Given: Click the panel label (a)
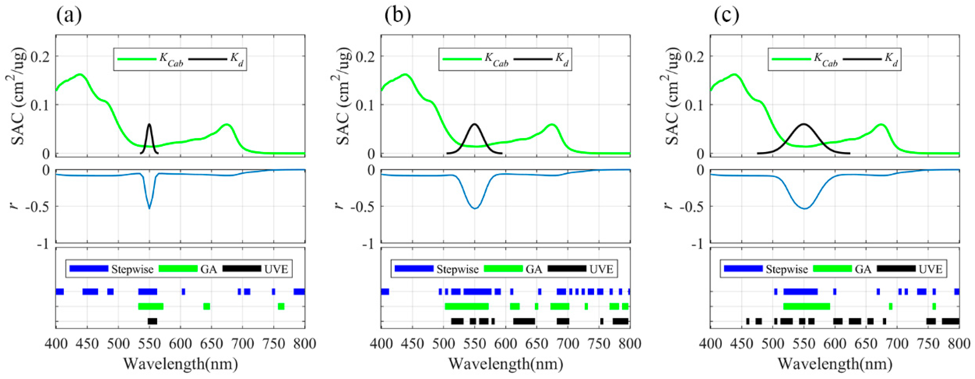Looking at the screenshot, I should pos(69,16).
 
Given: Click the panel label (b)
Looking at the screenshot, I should pos(397,16).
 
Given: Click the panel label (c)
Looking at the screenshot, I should pos(726,16).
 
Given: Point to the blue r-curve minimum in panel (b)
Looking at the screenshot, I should pos(474,208).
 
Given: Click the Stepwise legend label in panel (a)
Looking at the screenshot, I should pos(132,269).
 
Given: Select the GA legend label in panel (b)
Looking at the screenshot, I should pos(534,269).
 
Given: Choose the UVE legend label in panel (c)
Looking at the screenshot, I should pos(930,269).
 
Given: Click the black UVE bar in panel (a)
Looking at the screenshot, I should pos(152,321).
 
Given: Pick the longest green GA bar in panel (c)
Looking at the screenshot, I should pos(806,306).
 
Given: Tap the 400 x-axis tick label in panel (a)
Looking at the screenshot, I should pos(56,344).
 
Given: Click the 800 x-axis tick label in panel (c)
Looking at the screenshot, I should pos(958,344).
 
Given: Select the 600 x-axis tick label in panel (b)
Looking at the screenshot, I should pos(506,344).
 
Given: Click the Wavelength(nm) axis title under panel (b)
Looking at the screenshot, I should pos(506,364).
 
